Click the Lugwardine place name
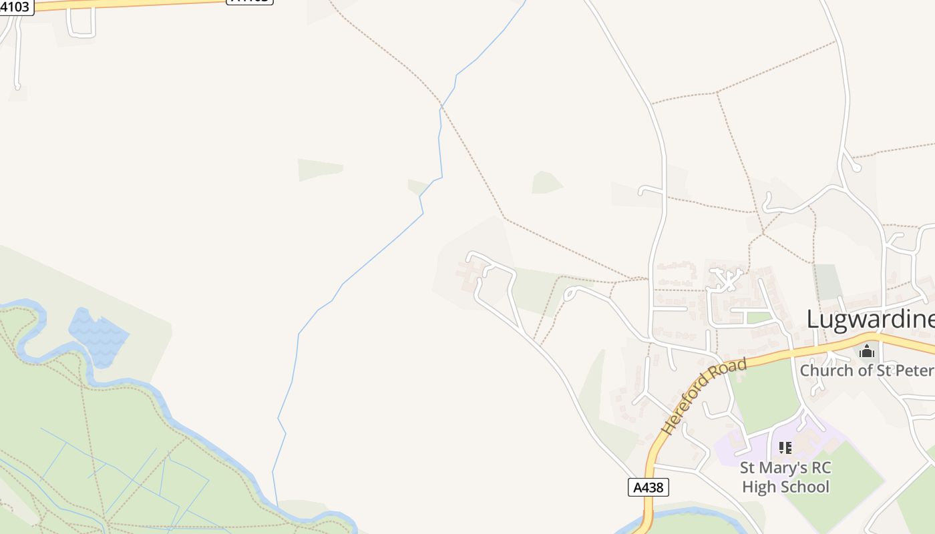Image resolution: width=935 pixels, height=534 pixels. coord(870,319)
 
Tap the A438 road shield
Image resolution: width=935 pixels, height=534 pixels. coord(648,487)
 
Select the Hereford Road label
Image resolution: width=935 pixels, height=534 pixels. coord(705,396)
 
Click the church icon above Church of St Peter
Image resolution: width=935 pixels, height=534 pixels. coord(867,350)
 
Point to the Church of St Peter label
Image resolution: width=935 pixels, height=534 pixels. coord(867,370)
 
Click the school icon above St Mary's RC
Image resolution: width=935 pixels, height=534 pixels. coord(785,447)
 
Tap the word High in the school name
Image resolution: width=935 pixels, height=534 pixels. coord(759,487)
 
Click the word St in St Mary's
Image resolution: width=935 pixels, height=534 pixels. coord(749,467)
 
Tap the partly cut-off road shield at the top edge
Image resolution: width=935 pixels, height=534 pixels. coord(250,1)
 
